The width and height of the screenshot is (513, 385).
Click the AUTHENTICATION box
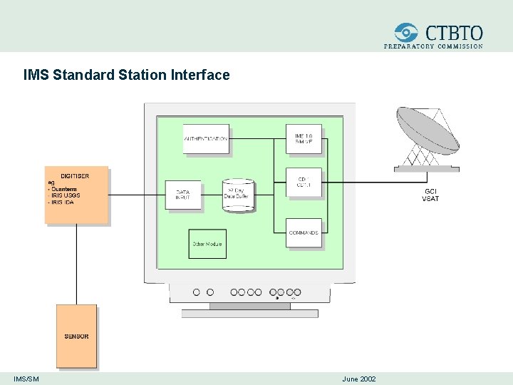206,138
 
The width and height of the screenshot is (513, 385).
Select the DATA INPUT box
183,195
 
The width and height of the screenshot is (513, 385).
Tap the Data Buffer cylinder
238,195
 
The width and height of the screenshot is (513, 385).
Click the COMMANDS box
304,232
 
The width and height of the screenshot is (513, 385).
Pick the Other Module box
207,244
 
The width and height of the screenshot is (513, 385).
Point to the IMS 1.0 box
304,138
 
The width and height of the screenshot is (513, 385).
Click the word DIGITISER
75,175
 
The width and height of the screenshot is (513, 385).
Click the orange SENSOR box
76,336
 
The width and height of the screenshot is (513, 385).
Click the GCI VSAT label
430,195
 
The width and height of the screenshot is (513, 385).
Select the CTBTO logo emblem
407,32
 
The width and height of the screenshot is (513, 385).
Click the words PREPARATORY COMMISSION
433,46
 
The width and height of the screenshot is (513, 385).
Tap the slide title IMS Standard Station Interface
126,74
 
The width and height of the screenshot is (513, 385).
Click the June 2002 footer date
359,379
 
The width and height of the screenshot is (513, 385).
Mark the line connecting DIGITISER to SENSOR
76,264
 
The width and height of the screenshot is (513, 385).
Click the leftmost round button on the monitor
197,292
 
